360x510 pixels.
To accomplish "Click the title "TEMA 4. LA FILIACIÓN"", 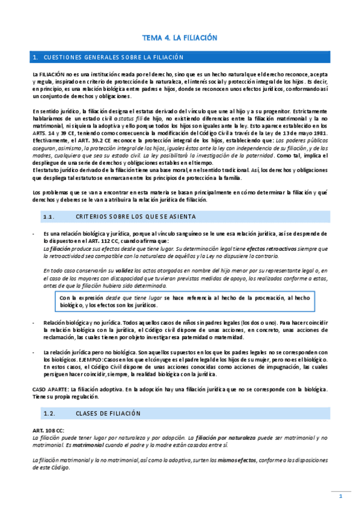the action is (179, 37).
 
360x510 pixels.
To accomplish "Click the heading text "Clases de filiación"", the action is (108, 414).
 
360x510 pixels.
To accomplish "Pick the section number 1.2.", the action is (50, 414).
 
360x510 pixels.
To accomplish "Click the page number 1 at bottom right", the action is (340, 496).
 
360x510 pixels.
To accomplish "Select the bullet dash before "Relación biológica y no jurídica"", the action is (34, 323).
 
